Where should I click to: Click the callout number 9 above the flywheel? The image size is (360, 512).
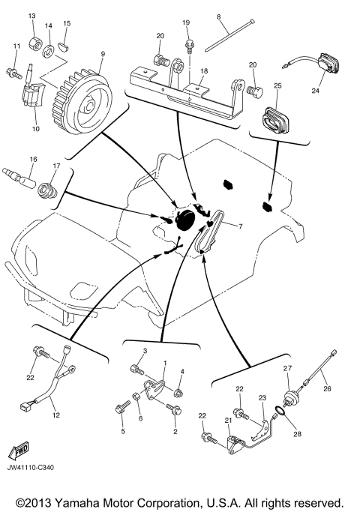[103, 54]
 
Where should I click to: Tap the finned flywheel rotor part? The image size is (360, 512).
[82, 102]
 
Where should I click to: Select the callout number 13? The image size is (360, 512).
[32, 16]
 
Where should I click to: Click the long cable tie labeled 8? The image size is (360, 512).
[229, 35]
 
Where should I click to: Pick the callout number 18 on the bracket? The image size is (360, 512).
[204, 71]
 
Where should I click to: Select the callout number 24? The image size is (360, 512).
[315, 91]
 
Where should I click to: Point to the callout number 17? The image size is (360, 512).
[56, 166]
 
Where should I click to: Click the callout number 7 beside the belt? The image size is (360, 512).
[241, 226]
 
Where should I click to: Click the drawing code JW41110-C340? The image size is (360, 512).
[31, 468]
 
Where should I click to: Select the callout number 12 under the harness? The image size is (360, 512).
[56, 415]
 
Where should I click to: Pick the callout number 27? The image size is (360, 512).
[287, 368]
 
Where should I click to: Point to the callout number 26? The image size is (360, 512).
[327, 388]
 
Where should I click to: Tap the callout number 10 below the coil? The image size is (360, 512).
[35, 129]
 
